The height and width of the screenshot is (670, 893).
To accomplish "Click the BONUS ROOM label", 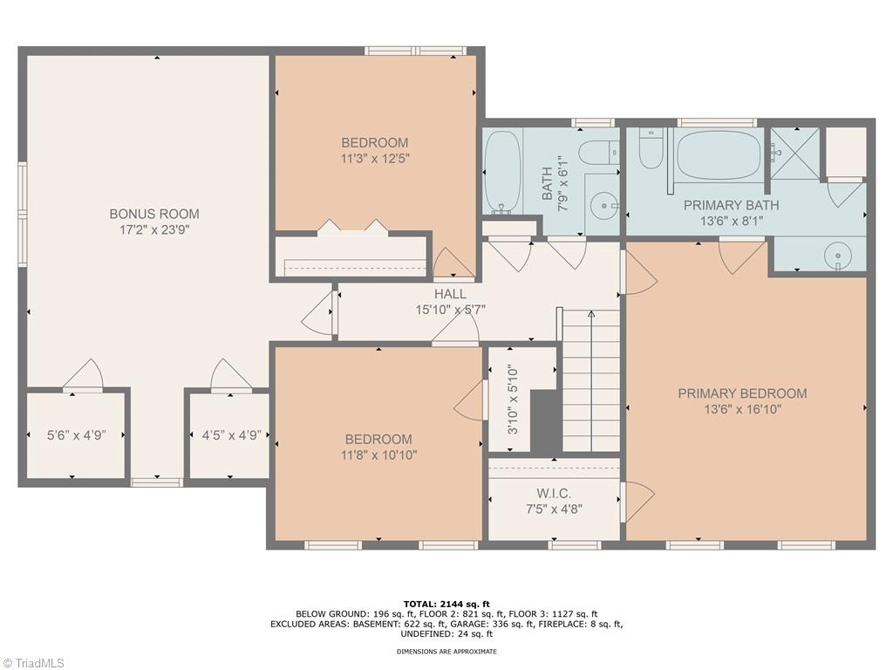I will pyautogui.click(x=153, y=214).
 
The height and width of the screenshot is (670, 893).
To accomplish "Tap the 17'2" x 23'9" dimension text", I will pyautogui.click(x=153, y=230).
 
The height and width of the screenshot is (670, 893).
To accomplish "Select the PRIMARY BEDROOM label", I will pyautogui.click(x=742, y=393).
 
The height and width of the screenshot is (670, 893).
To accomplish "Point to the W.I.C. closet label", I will pyautogui.click(x=554, y=494).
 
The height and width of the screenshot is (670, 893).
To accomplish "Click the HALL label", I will pyautogui.click(x=450, y=294).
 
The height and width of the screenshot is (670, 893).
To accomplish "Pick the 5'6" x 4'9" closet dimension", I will pyautogui.click(x=76, y=435).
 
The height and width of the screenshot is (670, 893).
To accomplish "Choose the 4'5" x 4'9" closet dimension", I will pyautogui.click(x=226, y=435).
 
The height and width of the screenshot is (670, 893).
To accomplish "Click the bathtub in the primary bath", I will pyautogui.click(x=719, y=154).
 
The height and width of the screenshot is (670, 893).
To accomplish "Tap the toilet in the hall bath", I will pyautogui.click(x=598, y=152).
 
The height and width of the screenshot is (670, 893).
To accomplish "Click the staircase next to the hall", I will pyautogui.click(x=590, y=384).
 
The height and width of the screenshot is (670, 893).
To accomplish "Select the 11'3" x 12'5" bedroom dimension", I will pyautogui.click(x=374, y=159).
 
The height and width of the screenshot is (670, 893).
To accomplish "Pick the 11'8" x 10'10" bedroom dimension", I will pyautogui.click(x=378, y=455).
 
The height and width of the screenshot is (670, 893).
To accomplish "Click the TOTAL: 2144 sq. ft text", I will pyautogui.click(x=446, y=603).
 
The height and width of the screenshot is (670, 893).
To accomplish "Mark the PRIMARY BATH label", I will pyautogui.click(x=731, y=206).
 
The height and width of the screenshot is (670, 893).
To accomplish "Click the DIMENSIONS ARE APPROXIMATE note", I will pyautogui.click(x=446, y=651).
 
